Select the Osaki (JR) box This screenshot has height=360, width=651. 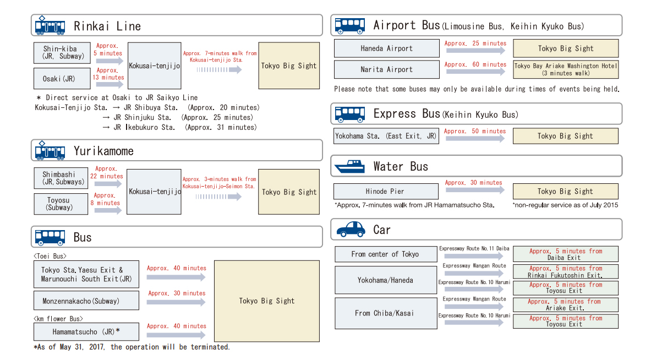point(62,79)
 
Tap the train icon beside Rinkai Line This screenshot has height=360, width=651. point(50,26)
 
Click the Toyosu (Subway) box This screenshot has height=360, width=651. point(61,204)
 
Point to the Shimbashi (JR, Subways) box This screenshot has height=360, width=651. point(61,178)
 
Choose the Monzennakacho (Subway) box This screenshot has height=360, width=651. point(86,301)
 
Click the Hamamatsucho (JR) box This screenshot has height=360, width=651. point(86,332)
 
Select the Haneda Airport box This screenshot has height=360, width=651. point(386,48)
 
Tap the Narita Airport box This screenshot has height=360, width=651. point(386,69)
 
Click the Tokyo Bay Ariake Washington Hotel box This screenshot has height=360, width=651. point(565,69)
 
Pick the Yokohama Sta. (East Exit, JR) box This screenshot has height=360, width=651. point(386,136)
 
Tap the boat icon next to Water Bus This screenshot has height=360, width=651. point(349,166)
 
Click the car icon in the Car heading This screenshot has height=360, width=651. point(351,229)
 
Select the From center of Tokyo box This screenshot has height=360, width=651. point(385,254)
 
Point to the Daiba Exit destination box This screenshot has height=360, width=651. point(565,254)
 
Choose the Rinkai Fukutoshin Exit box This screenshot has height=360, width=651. point(565,271)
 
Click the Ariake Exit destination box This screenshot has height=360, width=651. point(565,304)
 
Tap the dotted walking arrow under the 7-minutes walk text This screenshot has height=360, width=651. point(219,70)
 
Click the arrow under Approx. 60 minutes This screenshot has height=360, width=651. point(475,72)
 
